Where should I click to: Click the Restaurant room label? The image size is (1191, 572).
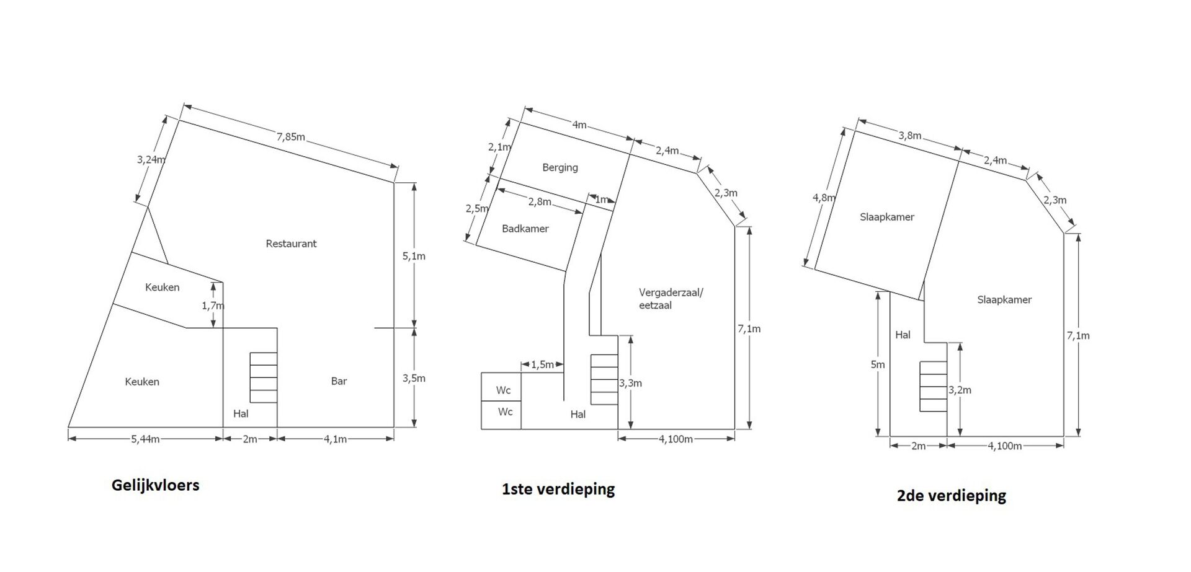(x=291, y=244)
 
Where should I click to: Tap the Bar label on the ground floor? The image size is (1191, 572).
(x=339, y=381)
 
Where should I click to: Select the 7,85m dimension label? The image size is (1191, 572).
(x=290, y=136)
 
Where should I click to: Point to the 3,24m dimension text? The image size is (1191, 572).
(x=151, y=159)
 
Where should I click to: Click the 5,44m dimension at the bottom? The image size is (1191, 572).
(x=145, y=439)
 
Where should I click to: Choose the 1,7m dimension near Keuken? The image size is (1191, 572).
(x=213, y=306)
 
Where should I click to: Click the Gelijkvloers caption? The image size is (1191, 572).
(x=156, y=485)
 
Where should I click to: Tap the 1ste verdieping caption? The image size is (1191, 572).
(x=558, y=490)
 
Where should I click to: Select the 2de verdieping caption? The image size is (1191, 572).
(x=952, y=496)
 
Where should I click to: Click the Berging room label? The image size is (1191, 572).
(x=560, y=167)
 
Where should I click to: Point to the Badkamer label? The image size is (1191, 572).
(x=525, y=229)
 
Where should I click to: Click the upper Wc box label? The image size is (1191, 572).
(x=503, y=390)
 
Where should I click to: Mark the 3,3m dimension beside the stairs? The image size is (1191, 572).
(x=630, y=383)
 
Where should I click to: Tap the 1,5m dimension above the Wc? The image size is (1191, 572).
(x=542, y=364)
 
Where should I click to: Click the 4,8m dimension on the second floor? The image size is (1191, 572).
(x=824, y=198)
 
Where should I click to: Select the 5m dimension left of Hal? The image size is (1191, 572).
(x=878, y=364)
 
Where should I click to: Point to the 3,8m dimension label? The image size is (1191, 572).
(x=910, y=136)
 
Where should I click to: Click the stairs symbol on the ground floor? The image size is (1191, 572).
(x=263, y=377)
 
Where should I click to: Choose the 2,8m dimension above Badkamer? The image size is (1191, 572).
(x=540, y=201)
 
